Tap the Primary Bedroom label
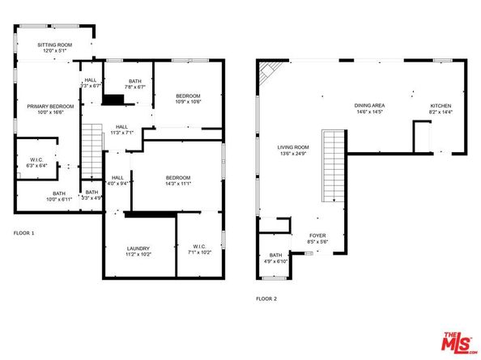pos(50,106)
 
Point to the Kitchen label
pos(441,106)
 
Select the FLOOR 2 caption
pos(267,299)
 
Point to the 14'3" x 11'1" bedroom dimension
pos(177,184)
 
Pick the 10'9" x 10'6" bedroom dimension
pos(187,102)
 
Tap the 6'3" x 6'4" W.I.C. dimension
pos(36,166)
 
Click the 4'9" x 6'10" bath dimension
pos(276,261)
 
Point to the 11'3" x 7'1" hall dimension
pos(122,133)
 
